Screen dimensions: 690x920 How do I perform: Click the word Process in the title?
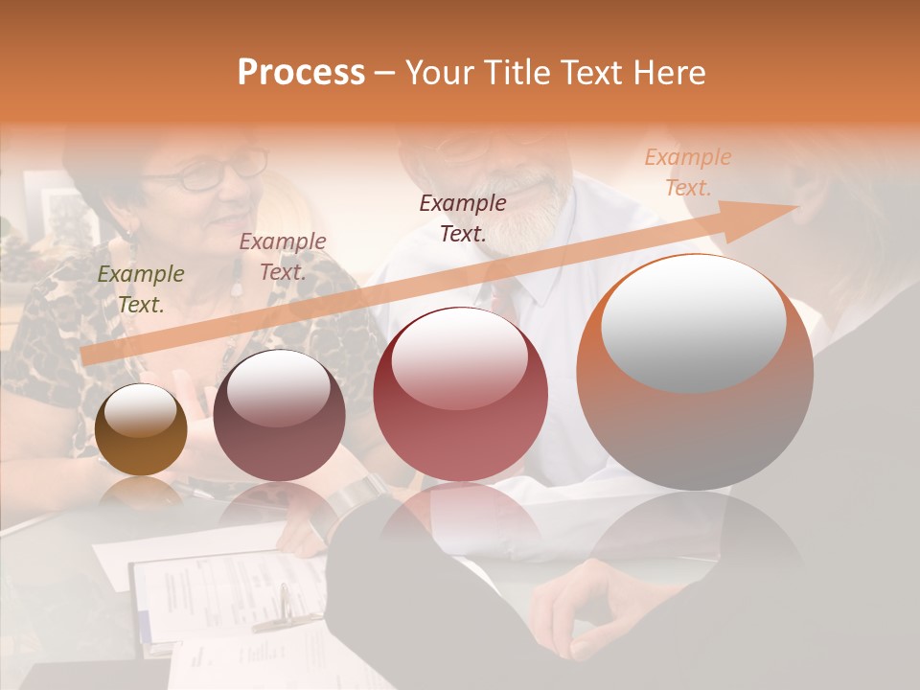(301, 73)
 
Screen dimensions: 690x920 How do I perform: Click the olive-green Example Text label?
(141, 289)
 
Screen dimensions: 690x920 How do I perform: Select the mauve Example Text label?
(282, 257)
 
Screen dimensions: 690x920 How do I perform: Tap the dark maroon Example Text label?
(463, 218)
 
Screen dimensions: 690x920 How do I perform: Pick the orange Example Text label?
(687, 172)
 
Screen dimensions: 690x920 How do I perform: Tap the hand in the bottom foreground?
(575, 613)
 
